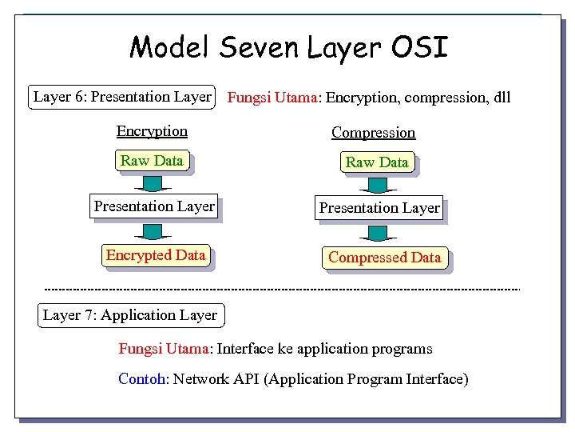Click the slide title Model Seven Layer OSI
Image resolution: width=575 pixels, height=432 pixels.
(x=288, y=47)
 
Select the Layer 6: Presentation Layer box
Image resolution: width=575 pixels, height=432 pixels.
(x=122, y=97)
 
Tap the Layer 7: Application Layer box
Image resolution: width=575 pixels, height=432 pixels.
(x=130, y=315)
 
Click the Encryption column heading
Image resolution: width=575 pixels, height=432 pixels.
(x=152, y=131)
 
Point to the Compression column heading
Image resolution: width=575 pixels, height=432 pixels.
(x=373, y=133)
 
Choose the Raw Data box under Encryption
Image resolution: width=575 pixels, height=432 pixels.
(x=152, y=161)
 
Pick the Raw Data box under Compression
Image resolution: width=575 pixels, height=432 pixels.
(x=377, y=162)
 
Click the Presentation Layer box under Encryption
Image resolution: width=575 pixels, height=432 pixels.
(x=154, y=206)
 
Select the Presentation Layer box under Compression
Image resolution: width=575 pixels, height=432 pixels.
(x=379, y=208)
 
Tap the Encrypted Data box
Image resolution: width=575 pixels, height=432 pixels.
(x=156, y=255)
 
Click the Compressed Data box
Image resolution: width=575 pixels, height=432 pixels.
(x=384, y=258)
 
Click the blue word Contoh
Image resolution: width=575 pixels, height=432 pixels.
(x=141, y=378)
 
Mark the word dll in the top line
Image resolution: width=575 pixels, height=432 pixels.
(x=502, y=98)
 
